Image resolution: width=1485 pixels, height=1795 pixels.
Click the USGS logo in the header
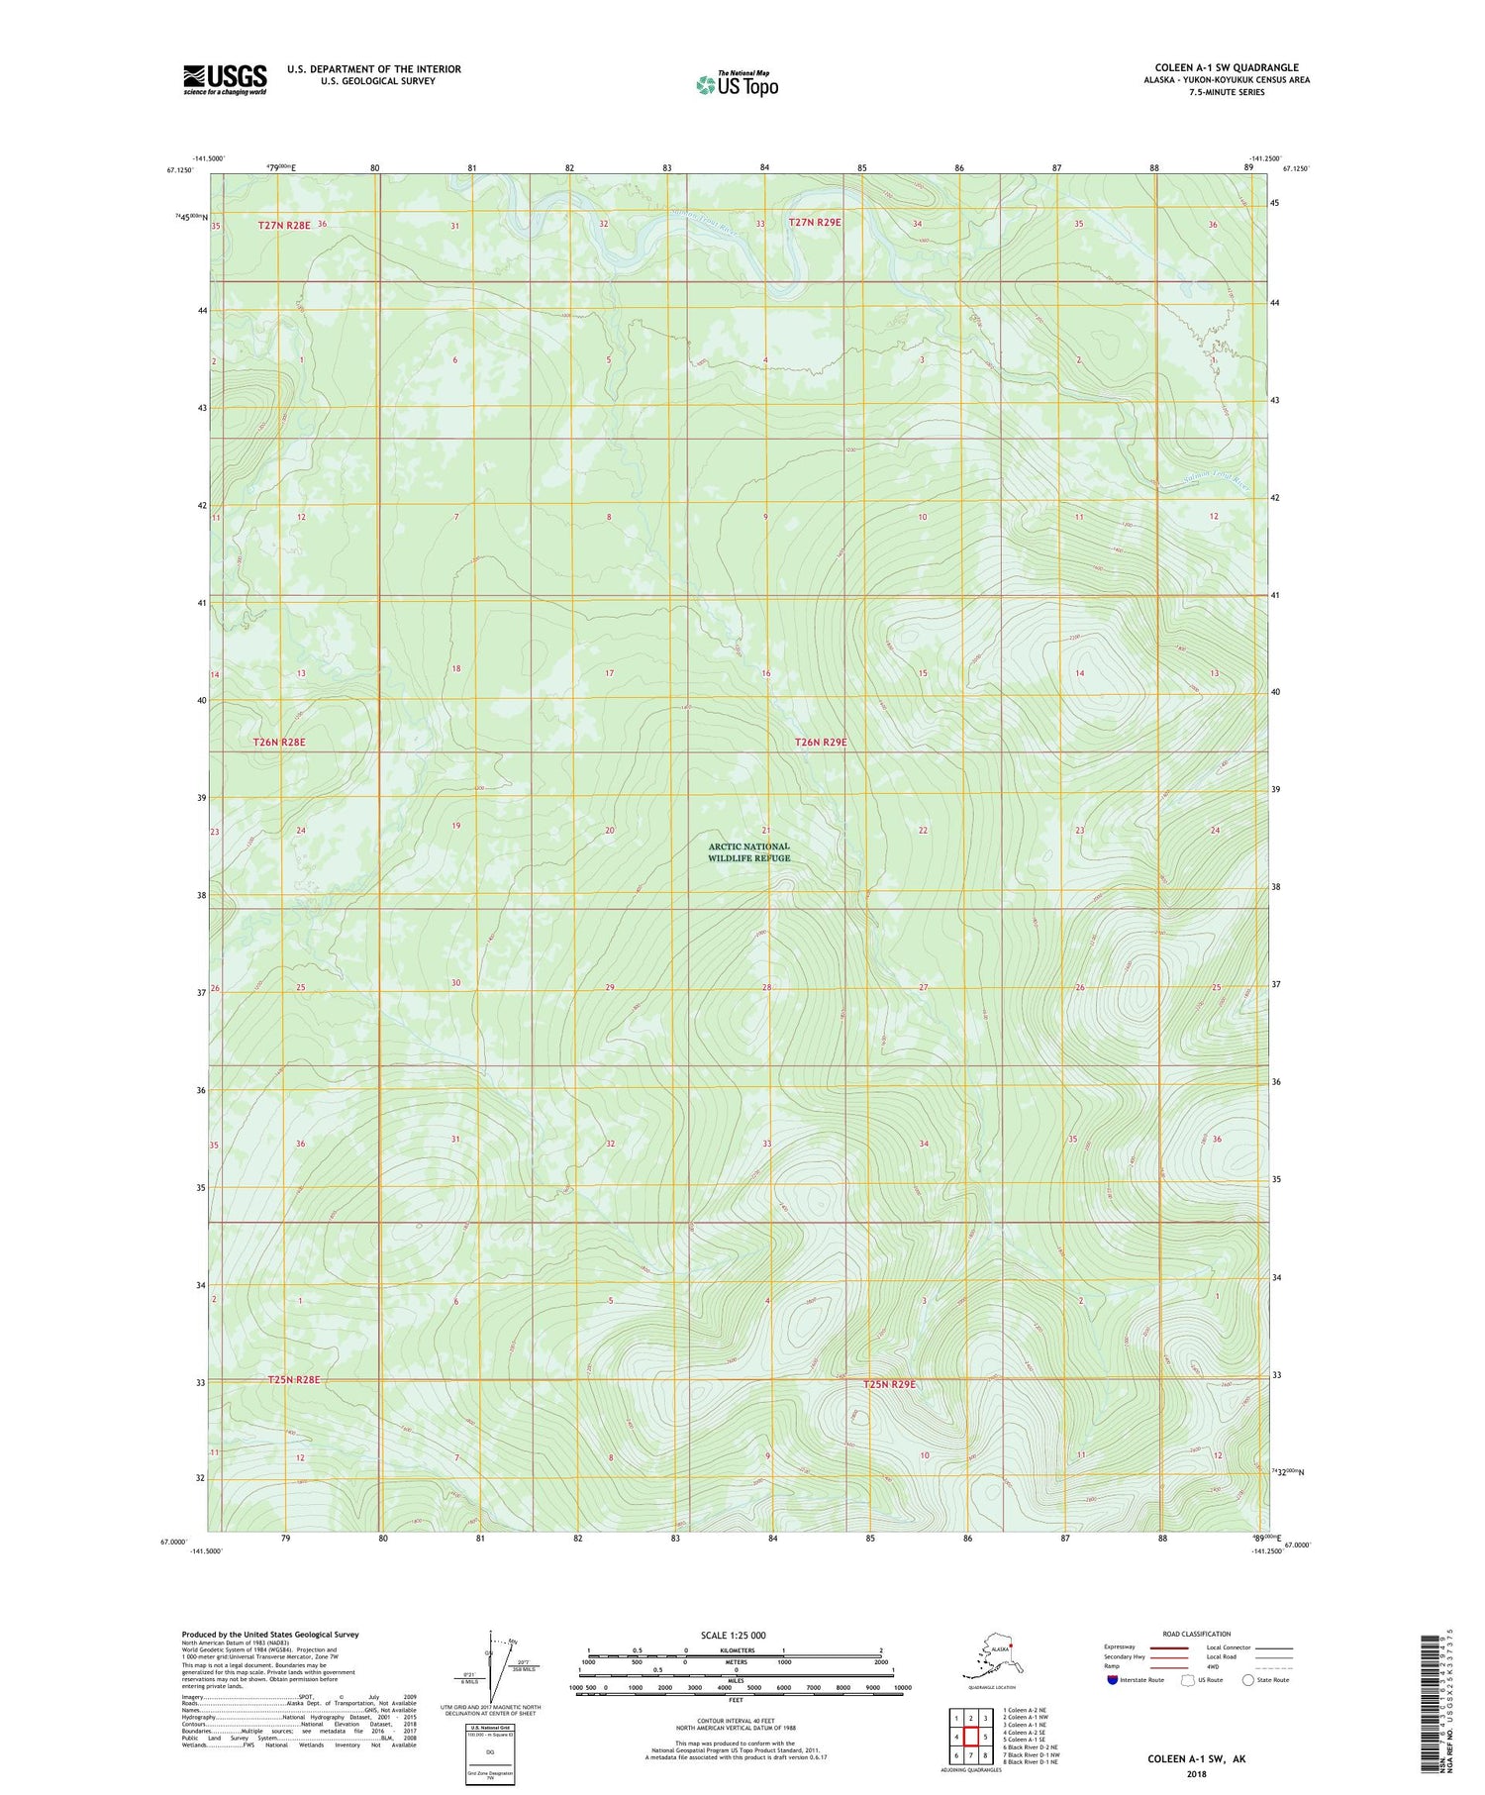[225, 78]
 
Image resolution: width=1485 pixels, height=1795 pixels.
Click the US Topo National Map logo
[737, 83]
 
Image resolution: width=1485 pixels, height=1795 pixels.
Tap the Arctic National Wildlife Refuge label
[748, 852]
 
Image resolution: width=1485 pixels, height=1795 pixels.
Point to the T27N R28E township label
[284, 226]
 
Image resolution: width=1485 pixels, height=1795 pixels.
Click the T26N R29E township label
[821, 743]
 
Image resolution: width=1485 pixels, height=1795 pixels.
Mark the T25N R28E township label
[294, 1379]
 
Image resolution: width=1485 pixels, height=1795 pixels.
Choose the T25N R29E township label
[889, 1384]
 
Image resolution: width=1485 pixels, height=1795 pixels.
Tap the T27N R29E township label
[815, 223]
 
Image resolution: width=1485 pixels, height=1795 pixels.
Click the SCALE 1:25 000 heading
[733, 1635]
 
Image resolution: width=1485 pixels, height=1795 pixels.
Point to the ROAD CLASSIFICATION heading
[1196, 1634]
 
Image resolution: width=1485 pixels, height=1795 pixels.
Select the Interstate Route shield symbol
[1113, 1680]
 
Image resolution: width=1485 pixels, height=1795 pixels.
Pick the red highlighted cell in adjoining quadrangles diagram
[971, 1736]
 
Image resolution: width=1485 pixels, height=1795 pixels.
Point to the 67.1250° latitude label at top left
[179, 170]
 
